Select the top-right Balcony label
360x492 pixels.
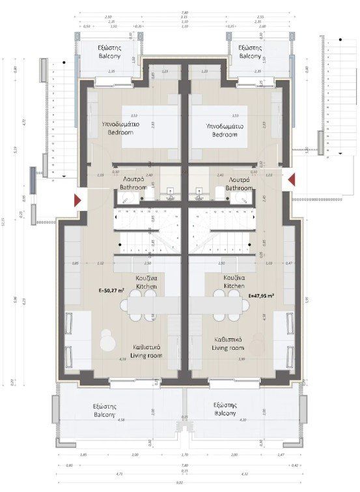click(x=249, y=52)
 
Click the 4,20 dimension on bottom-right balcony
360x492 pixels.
click(x=243, y=420)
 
